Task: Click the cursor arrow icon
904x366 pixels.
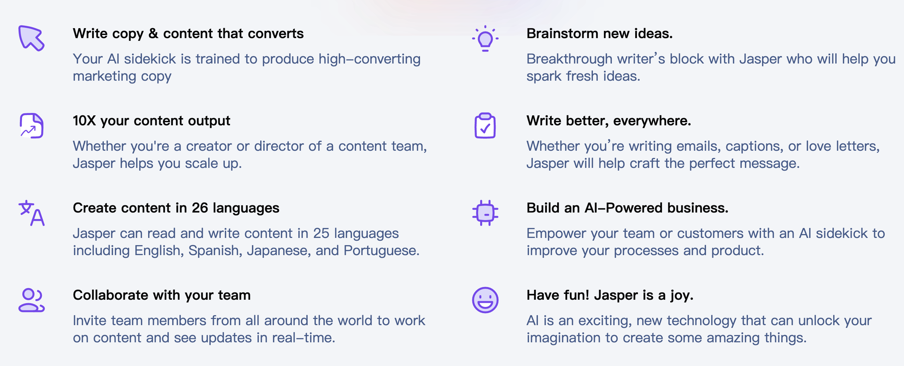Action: [x=31, y=38]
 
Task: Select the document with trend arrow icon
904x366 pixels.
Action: [x=32, y=126]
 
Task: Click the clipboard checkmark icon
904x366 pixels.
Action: [x=485, y=126]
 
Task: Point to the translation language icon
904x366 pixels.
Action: [x=32, y=213]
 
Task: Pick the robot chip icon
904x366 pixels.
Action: [x=485, y=213]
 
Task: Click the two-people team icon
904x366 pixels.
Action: [x=32, y=300]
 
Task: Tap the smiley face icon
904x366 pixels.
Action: [x=485, y=300]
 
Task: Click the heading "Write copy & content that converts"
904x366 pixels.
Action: [x=188, y=34]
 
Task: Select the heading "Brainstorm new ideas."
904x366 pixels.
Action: [x=599, y=34]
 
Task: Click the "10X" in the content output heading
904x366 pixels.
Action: [x=84, y=121]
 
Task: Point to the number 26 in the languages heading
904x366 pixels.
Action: [x=200, y=208]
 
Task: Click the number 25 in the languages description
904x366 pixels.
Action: [x=321, y=233]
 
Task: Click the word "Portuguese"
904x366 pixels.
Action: [x=381, y=251]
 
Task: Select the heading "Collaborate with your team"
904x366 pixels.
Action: [x=162, y=295]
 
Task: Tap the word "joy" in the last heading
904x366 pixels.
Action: [x=682, y=296]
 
